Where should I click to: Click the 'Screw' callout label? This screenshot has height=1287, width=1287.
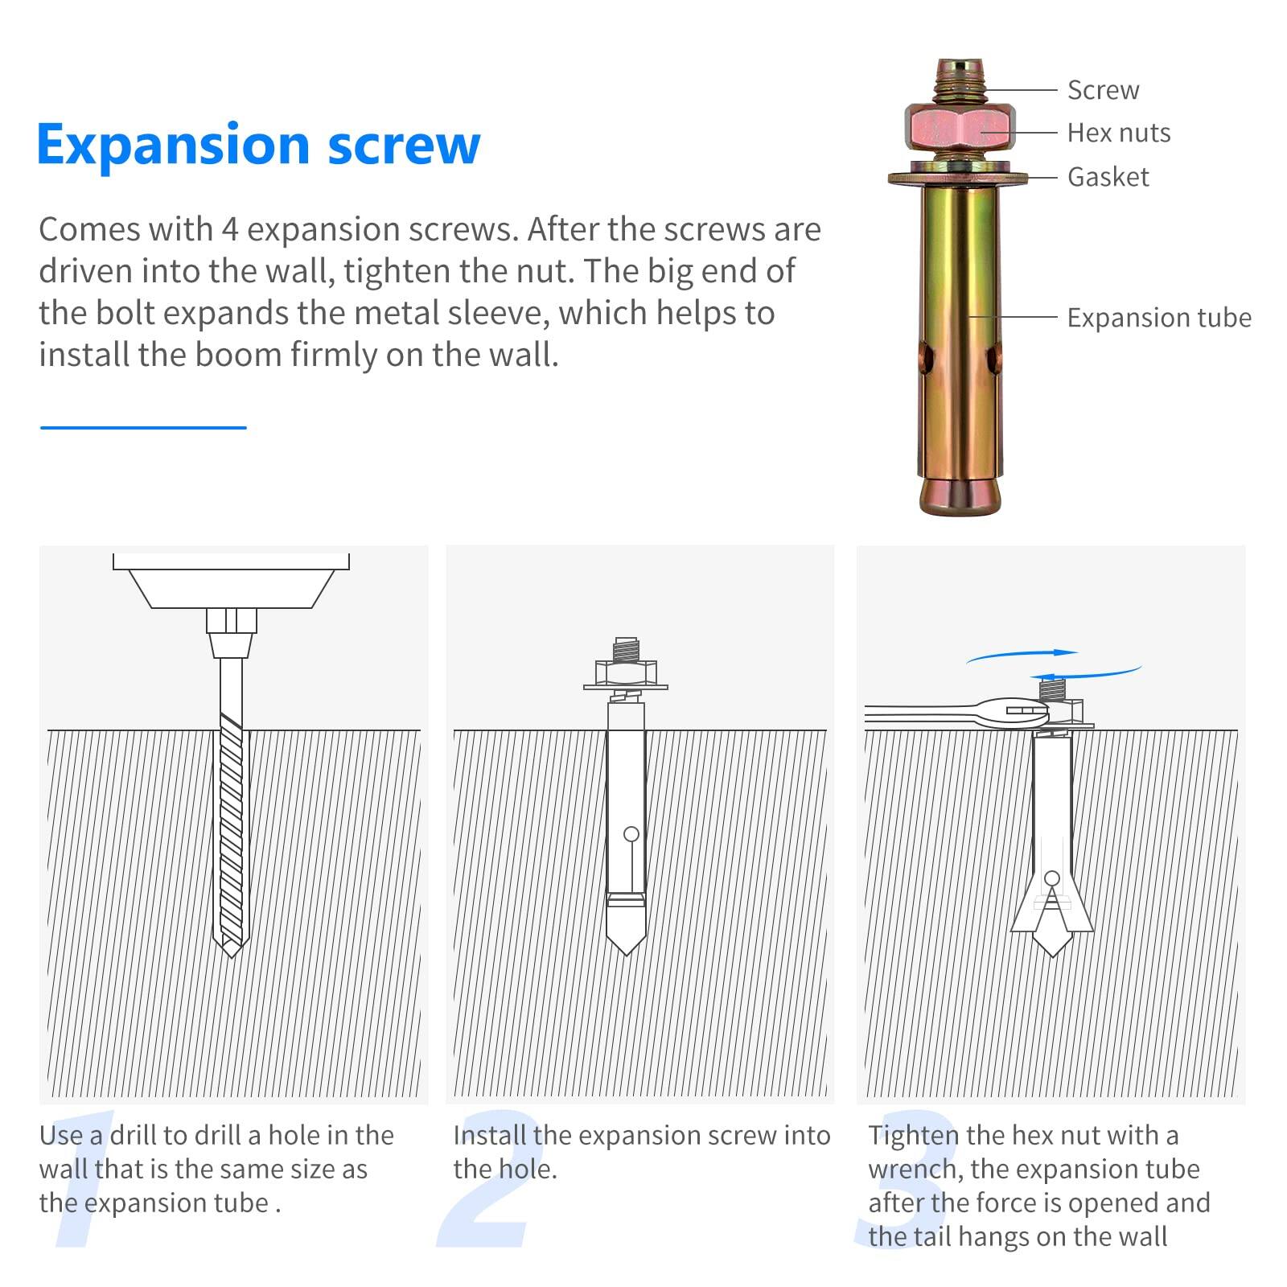[x=1103, y=90]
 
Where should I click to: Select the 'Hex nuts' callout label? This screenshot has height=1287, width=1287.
[x=1118, y=133]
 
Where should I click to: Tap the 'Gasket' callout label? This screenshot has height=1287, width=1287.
[x=1108, y=177]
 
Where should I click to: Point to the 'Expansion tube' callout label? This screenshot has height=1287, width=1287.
[x=1158, y=318]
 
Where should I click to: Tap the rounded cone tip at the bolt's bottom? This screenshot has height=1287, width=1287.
[x=959, y=495]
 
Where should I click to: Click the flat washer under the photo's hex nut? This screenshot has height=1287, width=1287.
[x=957, y=177]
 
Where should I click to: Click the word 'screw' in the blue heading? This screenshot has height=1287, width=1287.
[x=404, y=145]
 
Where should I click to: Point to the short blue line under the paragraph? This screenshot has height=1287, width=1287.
[x=143, y=427]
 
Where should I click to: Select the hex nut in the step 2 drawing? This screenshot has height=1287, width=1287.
[x=626, y=672]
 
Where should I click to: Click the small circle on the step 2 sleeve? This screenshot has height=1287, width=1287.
[x=631, y=834]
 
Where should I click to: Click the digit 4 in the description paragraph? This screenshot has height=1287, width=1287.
[x=229, y=230]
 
